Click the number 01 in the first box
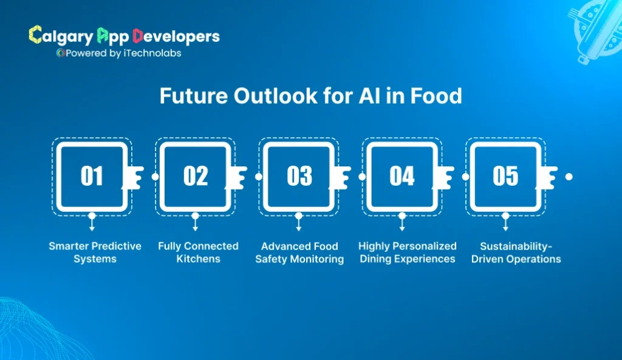(x=92, y=176)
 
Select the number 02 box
(x=195, y=176)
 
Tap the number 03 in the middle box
(x=299, y=176)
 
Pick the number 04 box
(x=402, y=176)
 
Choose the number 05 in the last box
(x=505, y=176)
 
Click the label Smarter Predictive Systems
(x=95, y=253)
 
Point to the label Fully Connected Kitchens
(x=198, y=253)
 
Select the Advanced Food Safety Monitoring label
(x=299, y=253)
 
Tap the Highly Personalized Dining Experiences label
(x=407, y=253)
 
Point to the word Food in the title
(x=436, y=97)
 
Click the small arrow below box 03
(x=299, y=222)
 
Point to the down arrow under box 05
(x=505, y=222)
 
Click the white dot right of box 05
(x=569, y=177)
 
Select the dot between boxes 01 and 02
(x=155, y=177)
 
